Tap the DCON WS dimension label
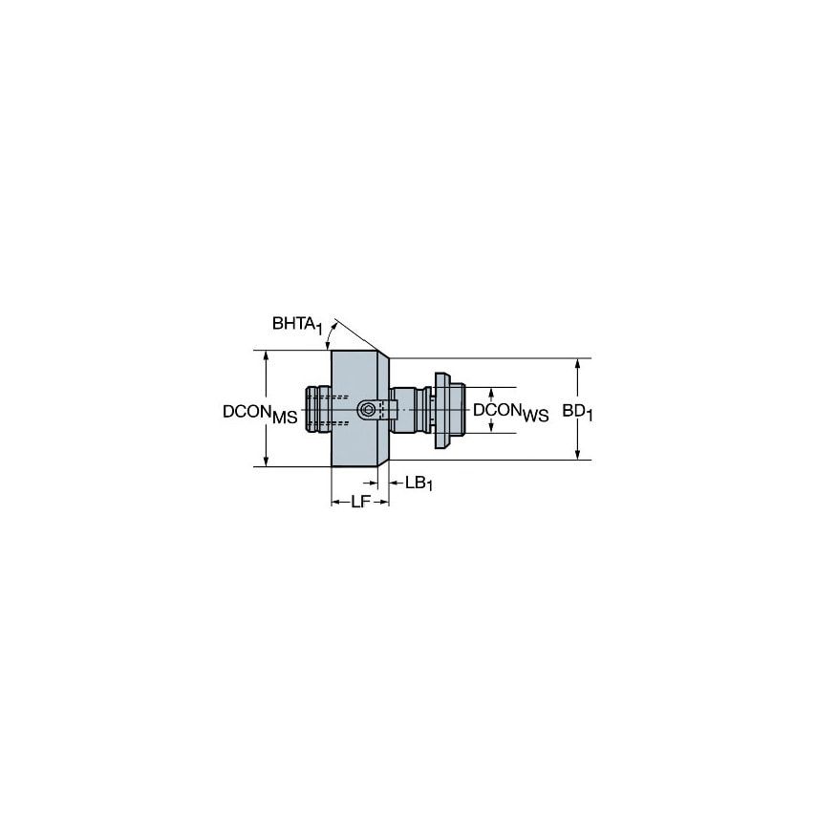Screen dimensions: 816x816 (x=510, y=411)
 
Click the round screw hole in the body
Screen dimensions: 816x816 (x=367, y=409)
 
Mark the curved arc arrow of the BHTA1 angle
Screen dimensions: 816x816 (x=330, y=334)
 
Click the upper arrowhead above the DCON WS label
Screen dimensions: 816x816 (x=491, y=393)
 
